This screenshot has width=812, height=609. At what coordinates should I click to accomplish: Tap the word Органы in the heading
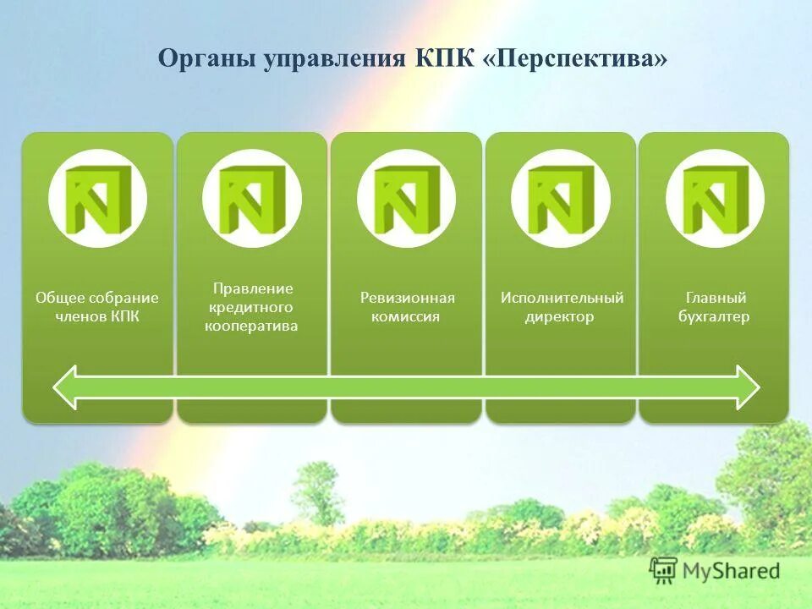(208, 59)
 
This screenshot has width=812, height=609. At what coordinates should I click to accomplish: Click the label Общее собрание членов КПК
(97, 307)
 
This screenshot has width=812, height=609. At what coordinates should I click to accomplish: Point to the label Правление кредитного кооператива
(251, 307)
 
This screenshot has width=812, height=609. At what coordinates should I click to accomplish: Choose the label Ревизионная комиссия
(407, 307)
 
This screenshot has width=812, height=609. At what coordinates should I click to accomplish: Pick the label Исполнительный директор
(562, 307)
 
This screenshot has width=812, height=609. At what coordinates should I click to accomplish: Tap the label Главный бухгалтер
(715, 307)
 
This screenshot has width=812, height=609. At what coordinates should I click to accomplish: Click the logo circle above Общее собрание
(97, 199)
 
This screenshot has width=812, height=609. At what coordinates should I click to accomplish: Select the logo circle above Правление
(251, 199)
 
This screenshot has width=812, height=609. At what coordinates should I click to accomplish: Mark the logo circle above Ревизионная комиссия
(406, 199)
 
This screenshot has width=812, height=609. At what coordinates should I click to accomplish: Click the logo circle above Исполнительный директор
(561, 199)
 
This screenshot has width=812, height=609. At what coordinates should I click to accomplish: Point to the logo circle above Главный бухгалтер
(715, 199)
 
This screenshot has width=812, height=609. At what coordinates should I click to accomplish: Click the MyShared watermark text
(732, 571)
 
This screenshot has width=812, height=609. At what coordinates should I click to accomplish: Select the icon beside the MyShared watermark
(664, 571)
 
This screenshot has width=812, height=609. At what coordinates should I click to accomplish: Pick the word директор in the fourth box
(559, 317)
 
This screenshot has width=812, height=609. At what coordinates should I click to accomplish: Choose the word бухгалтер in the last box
(715, 317)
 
